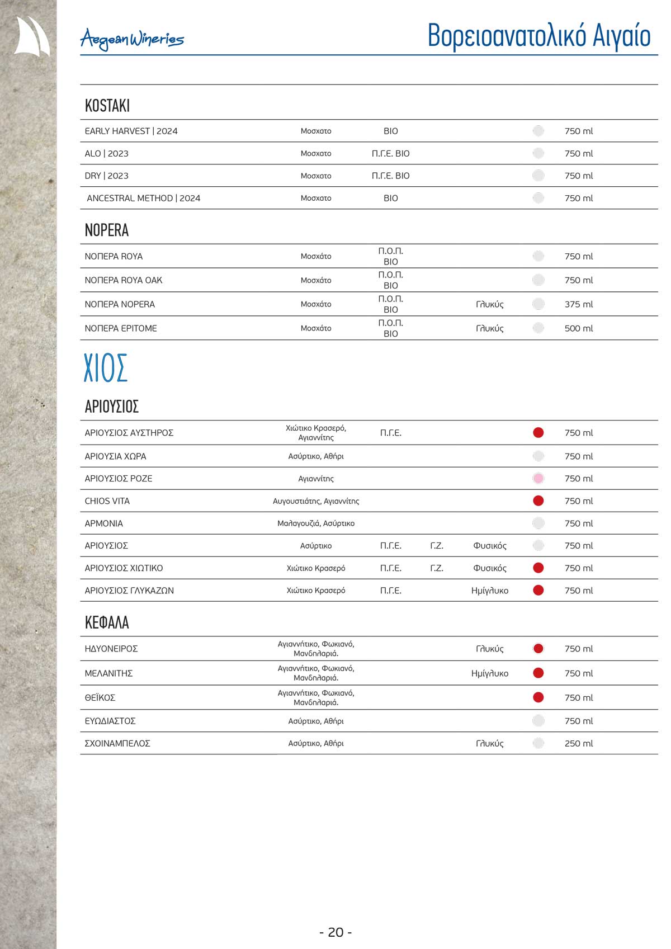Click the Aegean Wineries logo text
point(132,39)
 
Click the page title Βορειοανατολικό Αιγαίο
point(539,36)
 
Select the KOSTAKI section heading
point(107,106)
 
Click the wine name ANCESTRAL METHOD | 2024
point(144,198)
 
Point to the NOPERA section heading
point(107,230)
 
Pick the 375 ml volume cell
point(579,304)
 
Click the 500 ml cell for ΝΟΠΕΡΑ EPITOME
point(579,328)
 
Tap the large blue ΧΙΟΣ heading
point(106,368)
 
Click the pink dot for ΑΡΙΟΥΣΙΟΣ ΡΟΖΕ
point(538,479)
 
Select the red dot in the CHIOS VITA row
point(538,501)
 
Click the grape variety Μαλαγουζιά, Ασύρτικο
point(316,523)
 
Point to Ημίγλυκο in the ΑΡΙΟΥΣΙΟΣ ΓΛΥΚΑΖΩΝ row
point(490,591)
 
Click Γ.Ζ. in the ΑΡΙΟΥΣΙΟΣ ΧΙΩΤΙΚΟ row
point(437,568)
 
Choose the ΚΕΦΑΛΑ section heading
point(107,623)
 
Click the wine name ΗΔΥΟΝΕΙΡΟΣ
point(111,649)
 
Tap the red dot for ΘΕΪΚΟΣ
point(538,697)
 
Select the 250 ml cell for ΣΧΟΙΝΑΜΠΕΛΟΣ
point(579,743)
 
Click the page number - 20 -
point(335,932)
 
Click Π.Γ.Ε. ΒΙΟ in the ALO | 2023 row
point(391,153)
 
